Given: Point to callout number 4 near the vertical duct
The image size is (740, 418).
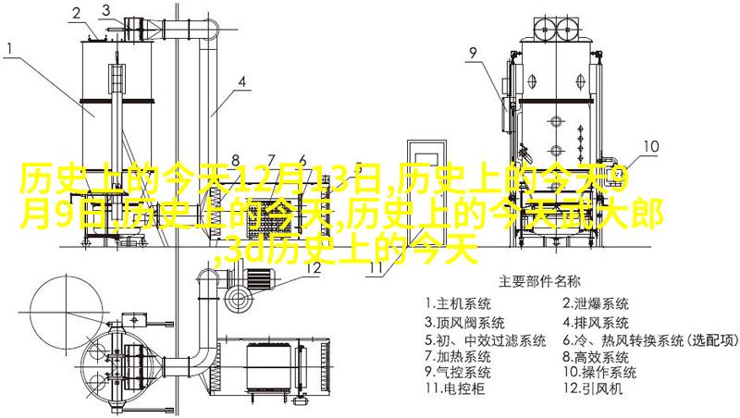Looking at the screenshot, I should [x=242, y=81].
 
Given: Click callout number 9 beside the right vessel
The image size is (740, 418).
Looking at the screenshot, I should [x=473, y=54].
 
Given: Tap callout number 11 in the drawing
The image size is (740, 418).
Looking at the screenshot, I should [x=376, y=268].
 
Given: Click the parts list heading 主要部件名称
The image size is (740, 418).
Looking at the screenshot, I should [x=539, y=279].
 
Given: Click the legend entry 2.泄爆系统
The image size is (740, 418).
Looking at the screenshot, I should [x=596, y=303].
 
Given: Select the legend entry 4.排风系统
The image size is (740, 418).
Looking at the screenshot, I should [x=596, y=324].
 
